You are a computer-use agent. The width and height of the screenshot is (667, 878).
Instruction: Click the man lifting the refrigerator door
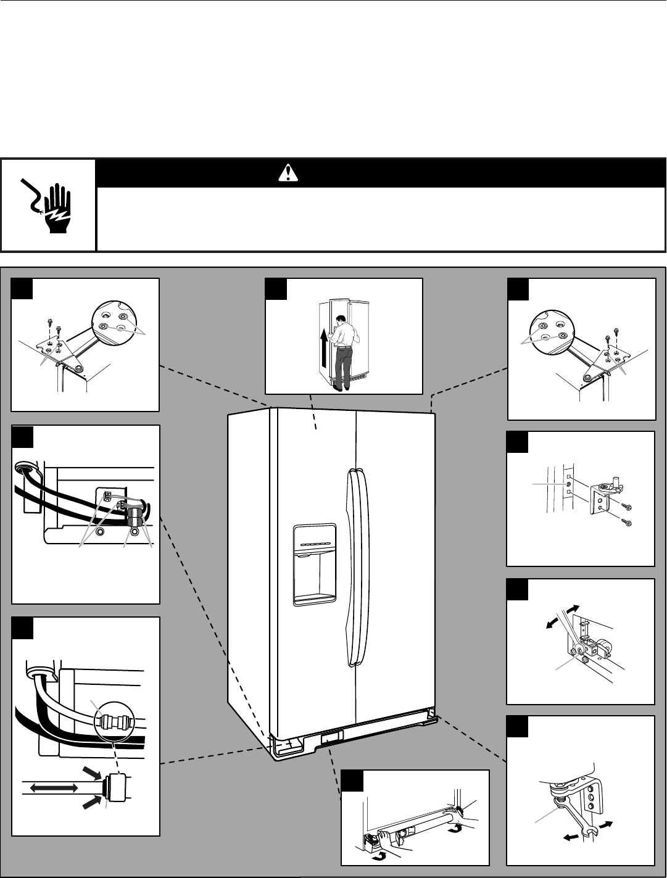pyautogui.click(x=340, y=352)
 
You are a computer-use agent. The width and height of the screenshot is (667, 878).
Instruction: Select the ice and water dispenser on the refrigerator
pyautogui.click(x=315, y=565)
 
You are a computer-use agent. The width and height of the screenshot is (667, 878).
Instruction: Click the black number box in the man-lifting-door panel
pyautogui.click(x=275, y=289)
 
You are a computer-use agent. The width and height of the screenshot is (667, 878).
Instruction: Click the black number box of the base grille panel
pyautogui.click(x=352, y=781)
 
